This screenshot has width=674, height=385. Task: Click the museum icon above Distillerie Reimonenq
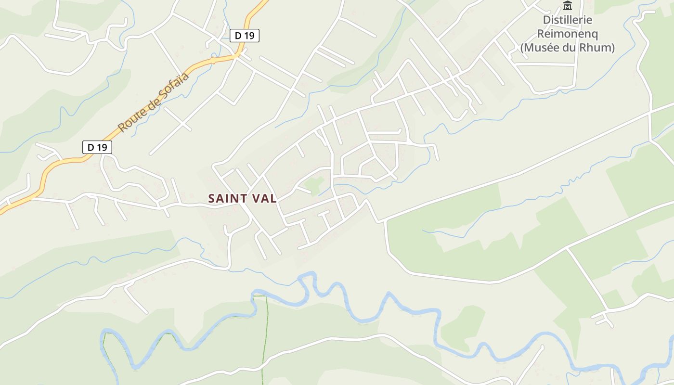tap(568, 6)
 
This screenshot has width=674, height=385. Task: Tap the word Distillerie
tap(568, 20)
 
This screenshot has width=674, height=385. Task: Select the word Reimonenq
tap(568, 34)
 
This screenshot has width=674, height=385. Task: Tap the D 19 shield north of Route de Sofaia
tap(245, 36)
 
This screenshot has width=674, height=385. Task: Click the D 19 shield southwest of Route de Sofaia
tap(97, 147)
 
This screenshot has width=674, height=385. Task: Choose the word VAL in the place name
tap(265, 198)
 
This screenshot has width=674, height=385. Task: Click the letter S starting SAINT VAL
tap(211, 198)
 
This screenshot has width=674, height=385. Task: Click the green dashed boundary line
tap(265, 337)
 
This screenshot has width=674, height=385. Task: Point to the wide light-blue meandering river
tap(366, 318)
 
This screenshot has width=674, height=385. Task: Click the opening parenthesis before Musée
tap(522, 48)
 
